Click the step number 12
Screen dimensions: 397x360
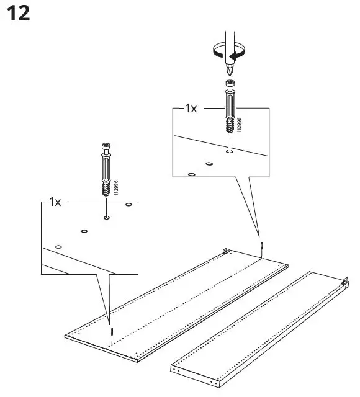pyautogui.click(x=18, y=14)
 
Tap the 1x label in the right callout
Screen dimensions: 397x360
pyautogui.click(x=191, y=109)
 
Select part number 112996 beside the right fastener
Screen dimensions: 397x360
pyautogui.click(x=240, y=127)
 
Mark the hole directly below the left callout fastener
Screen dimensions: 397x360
pyautogui.click(x=107, y=218)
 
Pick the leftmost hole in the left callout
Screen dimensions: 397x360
pyautogui.click(x=58, y=246)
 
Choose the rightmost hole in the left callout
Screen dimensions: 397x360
pyautogui.click(x=128, y=204)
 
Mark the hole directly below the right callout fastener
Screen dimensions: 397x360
pyautogui.click(x=230, y=149)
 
